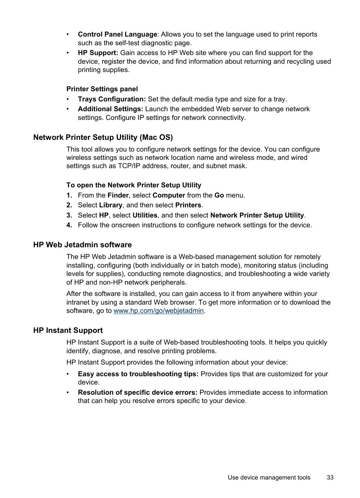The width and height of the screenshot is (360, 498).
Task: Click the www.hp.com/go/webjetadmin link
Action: [158, 311]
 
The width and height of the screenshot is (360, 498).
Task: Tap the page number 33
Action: [330, 478]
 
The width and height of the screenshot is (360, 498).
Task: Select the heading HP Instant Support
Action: [68, 331]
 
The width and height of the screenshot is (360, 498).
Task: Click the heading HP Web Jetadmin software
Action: [82, 245]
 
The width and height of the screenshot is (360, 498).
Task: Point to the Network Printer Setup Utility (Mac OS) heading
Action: [103, 138]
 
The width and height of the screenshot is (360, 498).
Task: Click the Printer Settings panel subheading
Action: [102, 89]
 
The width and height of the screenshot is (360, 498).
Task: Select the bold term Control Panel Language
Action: [117, 35]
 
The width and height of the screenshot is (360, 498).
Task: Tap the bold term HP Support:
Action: [98, 53]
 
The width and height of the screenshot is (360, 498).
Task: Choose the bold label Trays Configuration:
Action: [112, 100]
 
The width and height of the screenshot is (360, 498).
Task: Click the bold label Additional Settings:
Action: [110, 109]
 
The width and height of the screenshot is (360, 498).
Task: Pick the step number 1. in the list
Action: [69, 196]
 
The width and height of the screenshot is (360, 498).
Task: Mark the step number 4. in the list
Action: [69, 225]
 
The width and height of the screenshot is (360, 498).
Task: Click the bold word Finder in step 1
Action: [118, 196]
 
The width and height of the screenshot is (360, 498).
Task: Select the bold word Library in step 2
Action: [111, 205]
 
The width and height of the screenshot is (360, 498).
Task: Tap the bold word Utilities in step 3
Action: [145, 216]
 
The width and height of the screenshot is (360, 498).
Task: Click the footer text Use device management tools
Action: [269, 478]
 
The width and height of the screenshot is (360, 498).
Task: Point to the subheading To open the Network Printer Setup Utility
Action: [134, 185]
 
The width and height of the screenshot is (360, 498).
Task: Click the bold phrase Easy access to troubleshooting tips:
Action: [138, 374]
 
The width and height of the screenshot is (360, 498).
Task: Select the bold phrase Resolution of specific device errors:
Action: [137, 393]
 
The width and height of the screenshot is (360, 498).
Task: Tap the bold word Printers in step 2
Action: [188, 205]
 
